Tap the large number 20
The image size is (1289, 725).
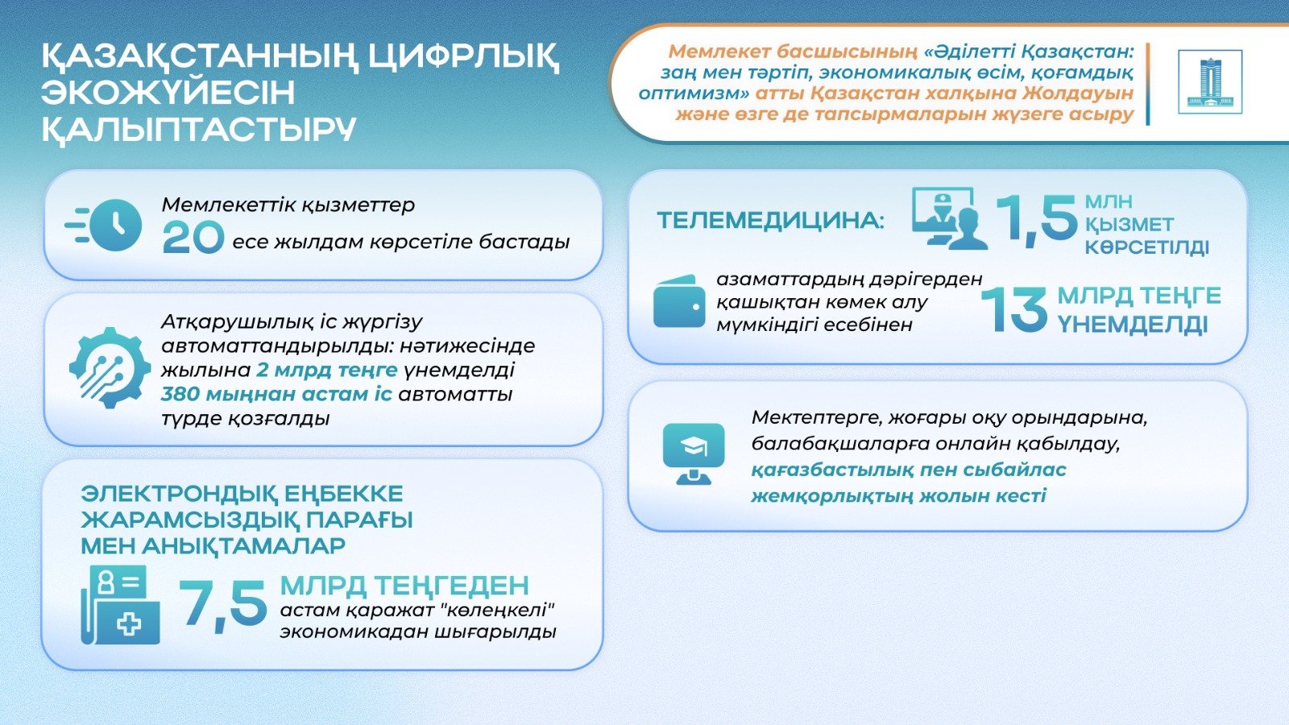[x=193, y=238]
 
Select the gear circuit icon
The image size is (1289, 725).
[x=110, y=367]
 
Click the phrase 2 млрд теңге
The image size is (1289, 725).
[x=327, y=370]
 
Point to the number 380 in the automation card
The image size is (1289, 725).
[x=180, y=394]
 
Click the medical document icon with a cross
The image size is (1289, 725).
[x=121, y=604]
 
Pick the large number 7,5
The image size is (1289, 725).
[x=222, y=603]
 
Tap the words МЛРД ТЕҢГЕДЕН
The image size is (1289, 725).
[x=404, y=585]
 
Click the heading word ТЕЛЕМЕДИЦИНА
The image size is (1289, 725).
[x=770, y=221]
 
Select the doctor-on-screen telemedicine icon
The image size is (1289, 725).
[x=950, y=218]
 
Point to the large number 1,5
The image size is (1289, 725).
[x=1036, y=218]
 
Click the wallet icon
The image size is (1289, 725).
[x=680, y=301]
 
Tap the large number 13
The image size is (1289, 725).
[x=1014, y=309]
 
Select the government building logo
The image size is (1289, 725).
[x=1210, y=81]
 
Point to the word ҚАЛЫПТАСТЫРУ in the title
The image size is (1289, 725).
[x=199, y=130]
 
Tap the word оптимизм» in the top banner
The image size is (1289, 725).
[x=694, y=93]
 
